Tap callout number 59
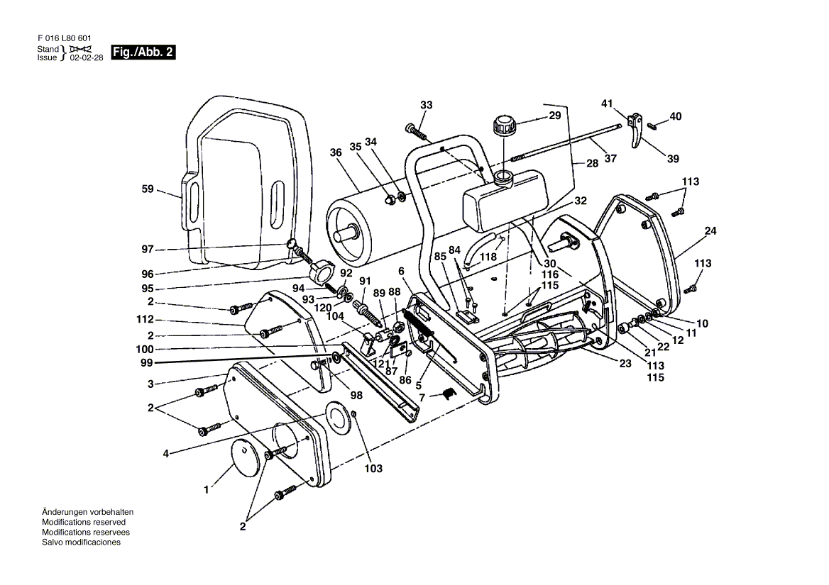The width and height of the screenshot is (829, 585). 148,189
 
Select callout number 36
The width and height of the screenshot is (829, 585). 336,152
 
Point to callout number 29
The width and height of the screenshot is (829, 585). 554,115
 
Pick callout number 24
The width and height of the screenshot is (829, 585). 710,230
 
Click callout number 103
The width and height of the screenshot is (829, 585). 373,469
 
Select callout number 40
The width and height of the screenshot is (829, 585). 675,116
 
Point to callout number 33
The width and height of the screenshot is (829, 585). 426,106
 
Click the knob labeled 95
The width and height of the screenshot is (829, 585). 323,269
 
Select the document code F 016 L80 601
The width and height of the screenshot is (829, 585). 63,38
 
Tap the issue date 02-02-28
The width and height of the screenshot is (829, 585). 86,58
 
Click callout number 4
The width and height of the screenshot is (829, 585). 166,453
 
